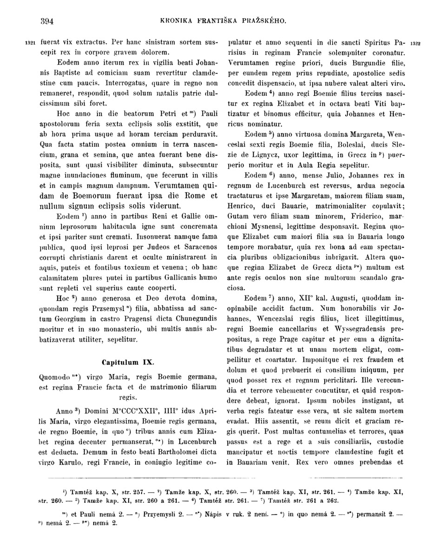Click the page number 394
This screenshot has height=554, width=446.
tap(47, 21)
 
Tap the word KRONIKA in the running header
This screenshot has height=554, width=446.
tap(176, 21)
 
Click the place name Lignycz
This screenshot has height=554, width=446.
tap(268, 156)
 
